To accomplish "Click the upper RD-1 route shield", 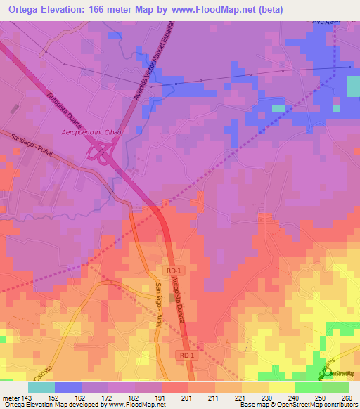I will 174,270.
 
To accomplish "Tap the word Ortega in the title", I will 26,10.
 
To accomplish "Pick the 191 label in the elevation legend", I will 160,397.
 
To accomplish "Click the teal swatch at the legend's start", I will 41,387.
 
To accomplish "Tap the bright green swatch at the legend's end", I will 335,387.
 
